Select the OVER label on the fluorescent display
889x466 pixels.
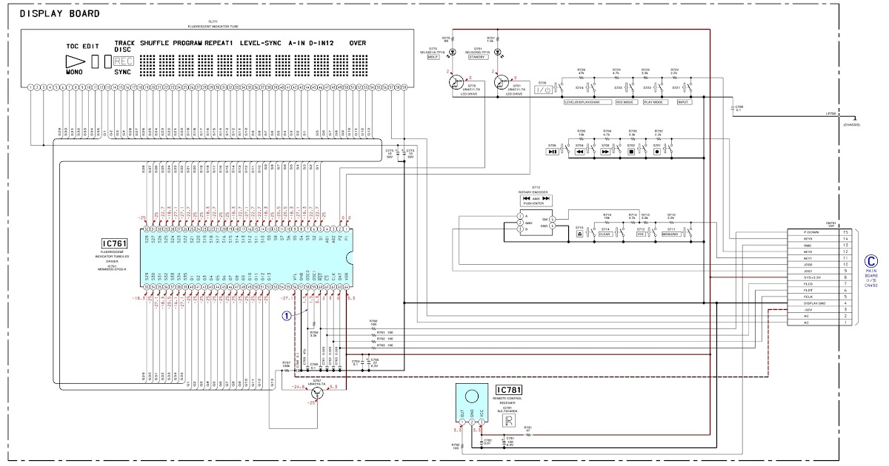coord(358,44)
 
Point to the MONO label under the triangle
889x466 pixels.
coord(74,73)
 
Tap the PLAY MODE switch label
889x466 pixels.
coord(653,102)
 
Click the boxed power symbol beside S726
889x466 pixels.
coord(543,90)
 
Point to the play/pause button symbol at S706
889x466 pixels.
coord(553,151)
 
